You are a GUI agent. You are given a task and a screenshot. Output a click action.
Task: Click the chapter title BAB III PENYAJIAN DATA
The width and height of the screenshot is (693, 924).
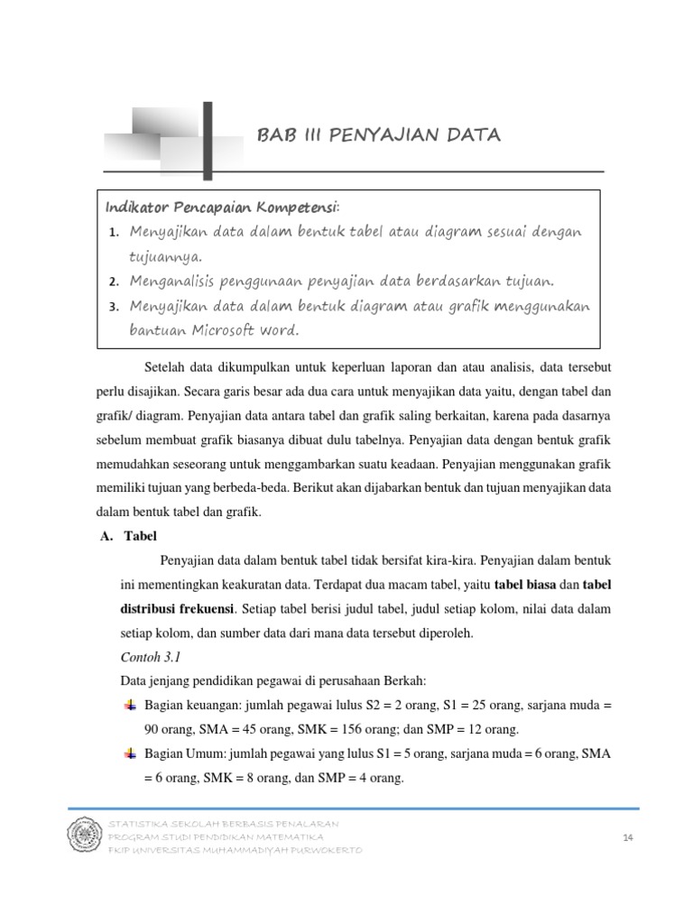click(378, 135)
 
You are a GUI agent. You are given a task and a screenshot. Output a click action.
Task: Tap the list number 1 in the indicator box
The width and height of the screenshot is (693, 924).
click(114, 233)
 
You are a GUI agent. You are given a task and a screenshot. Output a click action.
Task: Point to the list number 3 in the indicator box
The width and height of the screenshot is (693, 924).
click(114, 307)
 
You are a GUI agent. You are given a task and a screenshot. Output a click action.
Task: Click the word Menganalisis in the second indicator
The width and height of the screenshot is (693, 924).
click(173, 281)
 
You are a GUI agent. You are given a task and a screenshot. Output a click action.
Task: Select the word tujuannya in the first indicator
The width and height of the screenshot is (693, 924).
click(165, 256)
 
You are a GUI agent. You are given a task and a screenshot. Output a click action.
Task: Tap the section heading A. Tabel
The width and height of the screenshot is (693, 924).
click(130, 535)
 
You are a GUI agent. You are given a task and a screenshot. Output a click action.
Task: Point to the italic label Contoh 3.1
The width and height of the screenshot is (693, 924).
click(151, 657)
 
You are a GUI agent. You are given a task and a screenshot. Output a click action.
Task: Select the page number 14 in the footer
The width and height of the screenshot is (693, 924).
click(628, 838)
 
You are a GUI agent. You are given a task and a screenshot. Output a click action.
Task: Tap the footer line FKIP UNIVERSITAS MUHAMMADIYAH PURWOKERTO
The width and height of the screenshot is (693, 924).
click(235, 851)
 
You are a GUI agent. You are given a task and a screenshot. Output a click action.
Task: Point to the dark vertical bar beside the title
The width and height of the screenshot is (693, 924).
click(208, 140)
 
